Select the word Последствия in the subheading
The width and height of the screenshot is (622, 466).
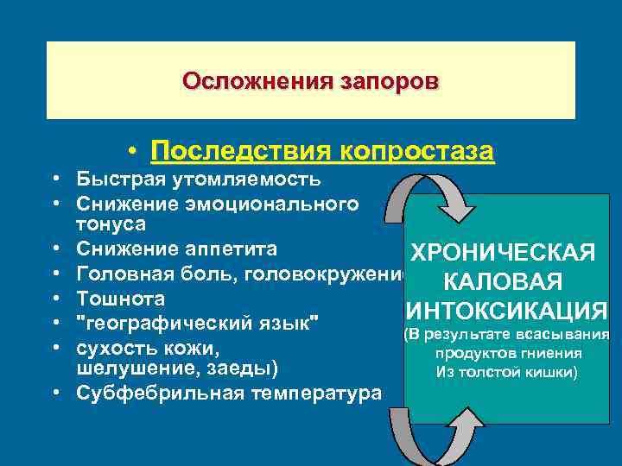pos(237,152)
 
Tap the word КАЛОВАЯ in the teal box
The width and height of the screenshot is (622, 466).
pos(502,282)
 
